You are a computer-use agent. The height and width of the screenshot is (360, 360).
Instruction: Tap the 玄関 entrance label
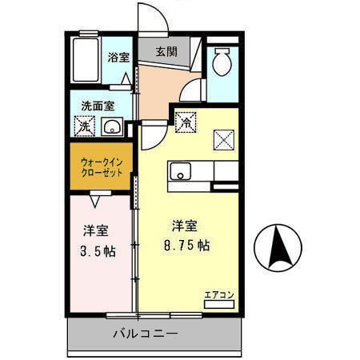click(x=166, y=52)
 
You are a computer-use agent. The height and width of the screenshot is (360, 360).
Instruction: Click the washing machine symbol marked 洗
click(x=83, y=126)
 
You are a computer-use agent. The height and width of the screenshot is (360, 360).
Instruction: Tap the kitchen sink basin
click(x=180, y=170)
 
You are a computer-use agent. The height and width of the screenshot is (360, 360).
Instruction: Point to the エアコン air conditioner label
click(x=219, y=294)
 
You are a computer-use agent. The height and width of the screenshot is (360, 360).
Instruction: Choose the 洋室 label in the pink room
click(x=97, y=231)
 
